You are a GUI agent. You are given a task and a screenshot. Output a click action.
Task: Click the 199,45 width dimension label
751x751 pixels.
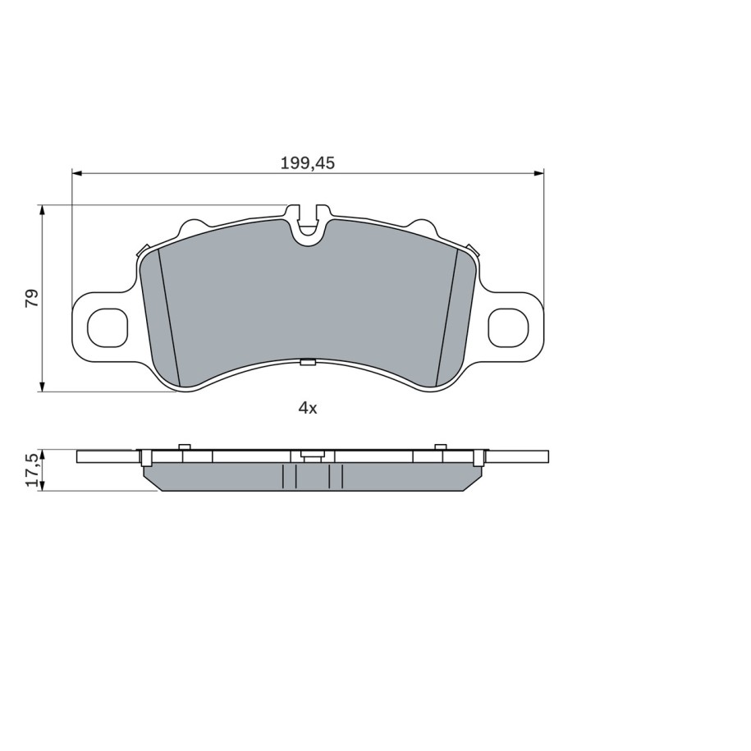(308, 163)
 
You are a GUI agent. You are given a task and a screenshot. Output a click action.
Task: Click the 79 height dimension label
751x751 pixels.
(32, 298)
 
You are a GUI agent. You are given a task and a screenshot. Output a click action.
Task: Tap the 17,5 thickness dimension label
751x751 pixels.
(32, 470)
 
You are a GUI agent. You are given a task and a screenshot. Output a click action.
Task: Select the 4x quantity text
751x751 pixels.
(308, 408)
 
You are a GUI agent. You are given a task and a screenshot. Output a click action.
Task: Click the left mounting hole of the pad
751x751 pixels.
(108, 328)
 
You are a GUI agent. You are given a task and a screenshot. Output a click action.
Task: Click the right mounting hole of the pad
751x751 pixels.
(508, 328)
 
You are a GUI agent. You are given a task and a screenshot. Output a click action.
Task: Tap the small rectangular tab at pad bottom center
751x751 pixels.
(308, 362)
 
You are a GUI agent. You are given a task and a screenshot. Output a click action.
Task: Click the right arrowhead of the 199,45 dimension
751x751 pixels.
(538, 172)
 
